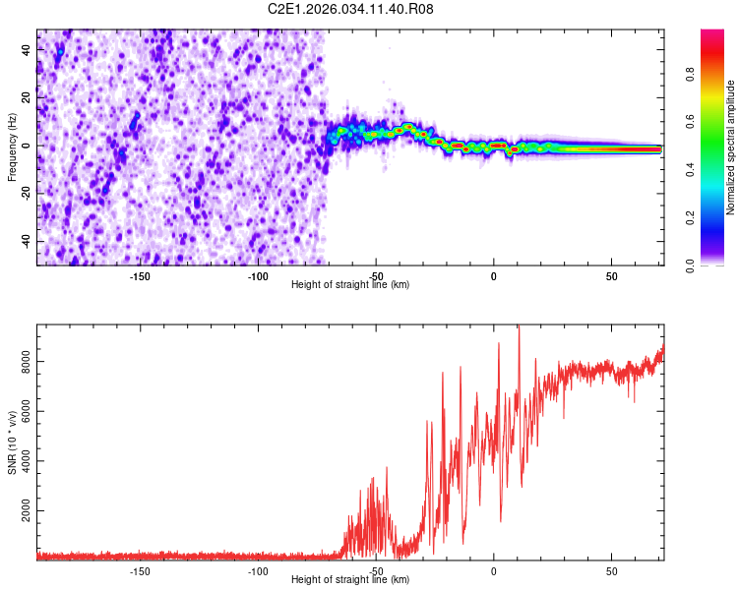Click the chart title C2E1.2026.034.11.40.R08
[x=351, y=10]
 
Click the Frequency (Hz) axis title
[x=12, y=147]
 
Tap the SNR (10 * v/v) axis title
[x=12, y=442]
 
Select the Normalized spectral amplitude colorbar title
[x=731, y=147]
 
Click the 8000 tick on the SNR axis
[x=21, y=363]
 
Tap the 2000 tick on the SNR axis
[x=21, y=512]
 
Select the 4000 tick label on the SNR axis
[x=21, y=462]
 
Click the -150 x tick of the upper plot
[x=139, y=276]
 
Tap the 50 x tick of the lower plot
[x=611, y=571]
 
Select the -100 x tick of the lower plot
[x=258, y=571]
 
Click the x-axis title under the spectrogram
[x=351, y=284]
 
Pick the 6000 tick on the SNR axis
[x=21, y=413]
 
